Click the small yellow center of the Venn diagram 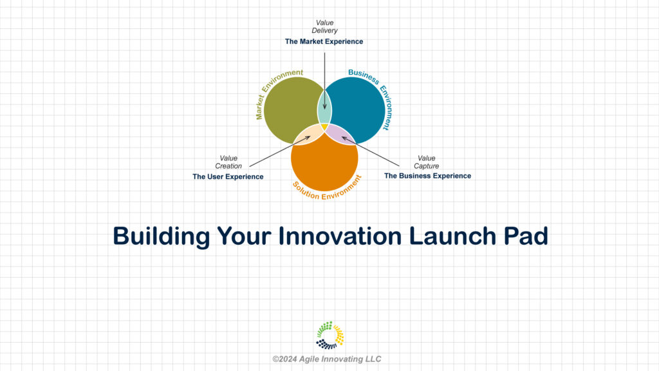pyautogui.click(x=324, y=126)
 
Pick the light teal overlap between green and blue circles pyautogui.click(x=324, y=108)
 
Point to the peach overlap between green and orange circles pyautogui.click(x=308, y=134)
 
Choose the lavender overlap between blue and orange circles pyautogui.click(x=340, y=134)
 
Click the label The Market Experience pyautogui.click(x=324, y=41)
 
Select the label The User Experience pyautogui.click(x=228, y=176)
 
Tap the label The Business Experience pyautogui.click(x=427, y=176)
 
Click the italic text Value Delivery pyautogui.click(x=324, y=26)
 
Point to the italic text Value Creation pyautogui.click(x=228, y=162)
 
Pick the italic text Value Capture pyautogui.click(x=427, y=162)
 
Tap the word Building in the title pyautogui.click(x=162, y=236)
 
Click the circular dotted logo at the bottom pyautogui.click(x=330, y=335)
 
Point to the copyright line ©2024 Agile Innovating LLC pyautogui.click(x=326, y=359)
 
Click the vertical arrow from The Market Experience pyautogui.click(x=324, y=81)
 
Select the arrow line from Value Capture pyautogui.click(x=370, y=151)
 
